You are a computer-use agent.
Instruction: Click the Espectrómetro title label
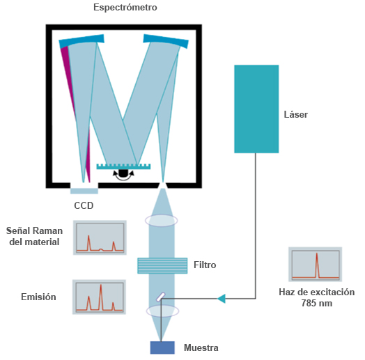125,8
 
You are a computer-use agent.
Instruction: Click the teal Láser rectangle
256,109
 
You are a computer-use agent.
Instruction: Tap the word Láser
295,114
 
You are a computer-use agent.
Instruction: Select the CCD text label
84,205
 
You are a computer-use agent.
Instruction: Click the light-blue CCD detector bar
84,191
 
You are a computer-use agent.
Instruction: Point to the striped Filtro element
162,265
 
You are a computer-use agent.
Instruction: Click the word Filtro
205,265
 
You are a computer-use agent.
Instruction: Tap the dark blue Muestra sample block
162,347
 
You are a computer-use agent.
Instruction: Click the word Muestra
201,347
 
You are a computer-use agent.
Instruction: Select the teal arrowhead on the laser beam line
222,299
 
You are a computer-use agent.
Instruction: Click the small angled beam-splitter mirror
161,297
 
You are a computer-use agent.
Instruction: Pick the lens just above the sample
162,311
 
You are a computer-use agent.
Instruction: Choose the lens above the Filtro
162,220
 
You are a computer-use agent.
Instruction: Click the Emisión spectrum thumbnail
99,297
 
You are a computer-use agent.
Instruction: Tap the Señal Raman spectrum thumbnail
100,237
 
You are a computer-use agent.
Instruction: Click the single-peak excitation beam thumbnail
315,265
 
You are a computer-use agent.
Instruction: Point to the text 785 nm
316,303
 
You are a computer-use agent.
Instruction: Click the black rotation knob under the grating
123,173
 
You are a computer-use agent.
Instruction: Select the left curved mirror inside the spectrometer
81,41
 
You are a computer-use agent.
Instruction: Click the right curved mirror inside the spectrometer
166,40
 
